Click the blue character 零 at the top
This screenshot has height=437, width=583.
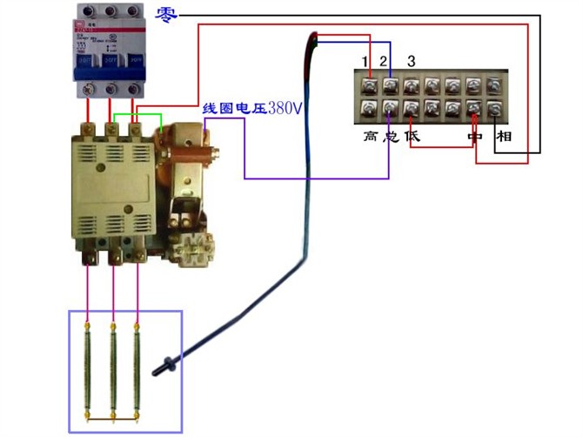coord(167,14)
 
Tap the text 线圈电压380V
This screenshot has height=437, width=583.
coord(251,109)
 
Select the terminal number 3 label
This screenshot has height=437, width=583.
coord(412,61)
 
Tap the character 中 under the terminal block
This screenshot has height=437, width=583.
coord(474,138)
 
